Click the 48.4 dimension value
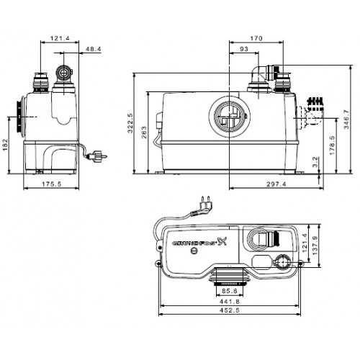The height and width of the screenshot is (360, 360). tap(94, 49)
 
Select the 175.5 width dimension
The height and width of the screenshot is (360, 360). tap(52, 184)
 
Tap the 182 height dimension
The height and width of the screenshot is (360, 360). tap(5, 145)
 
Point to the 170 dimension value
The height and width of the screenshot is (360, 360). tap(256, 38)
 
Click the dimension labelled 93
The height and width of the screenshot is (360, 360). tap(244, 49)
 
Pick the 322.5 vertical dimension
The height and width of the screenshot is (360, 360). tap(130, 123)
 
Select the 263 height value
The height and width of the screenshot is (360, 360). tap(144, 132)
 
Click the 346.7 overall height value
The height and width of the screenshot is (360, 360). tap(346, 120)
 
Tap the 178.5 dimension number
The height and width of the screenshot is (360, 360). tap(332, 145)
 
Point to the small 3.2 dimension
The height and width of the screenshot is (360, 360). tap(315, 162)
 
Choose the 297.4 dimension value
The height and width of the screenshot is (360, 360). tap(276, 184)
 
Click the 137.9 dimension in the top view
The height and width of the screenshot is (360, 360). tap(315, 246)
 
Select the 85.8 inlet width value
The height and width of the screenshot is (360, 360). tap(230, 291)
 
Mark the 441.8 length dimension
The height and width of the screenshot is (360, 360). tap(230, 302)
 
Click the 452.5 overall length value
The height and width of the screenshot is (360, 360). tap(230, 310)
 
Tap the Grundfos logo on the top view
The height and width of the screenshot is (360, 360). tap(199, 242)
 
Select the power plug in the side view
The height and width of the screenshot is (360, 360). tap(97, 156)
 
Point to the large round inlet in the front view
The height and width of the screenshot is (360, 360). tap(230, 117)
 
